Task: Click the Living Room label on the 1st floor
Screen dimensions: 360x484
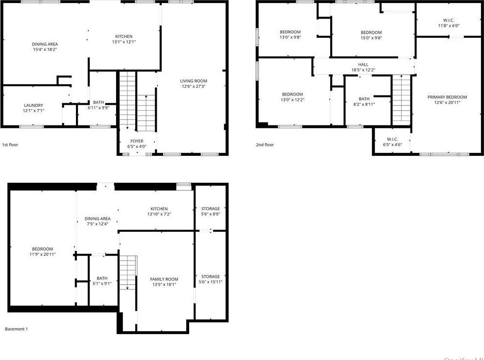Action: coord(194,81)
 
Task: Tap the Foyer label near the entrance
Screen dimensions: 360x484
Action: coord(137,141)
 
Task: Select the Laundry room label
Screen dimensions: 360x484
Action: coord(33,105)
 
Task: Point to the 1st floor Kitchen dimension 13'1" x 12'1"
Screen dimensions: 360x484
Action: coord(123,42)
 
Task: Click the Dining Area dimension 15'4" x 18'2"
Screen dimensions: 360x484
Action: coord(45,49)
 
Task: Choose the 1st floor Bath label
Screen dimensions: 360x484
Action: coord(98,102)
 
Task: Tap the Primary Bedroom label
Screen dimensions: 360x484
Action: coord(447,97)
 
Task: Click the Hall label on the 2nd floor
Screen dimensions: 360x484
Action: coord(363,65)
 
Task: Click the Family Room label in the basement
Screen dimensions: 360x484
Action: coord(164,279)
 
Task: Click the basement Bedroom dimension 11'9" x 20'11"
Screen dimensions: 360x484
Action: coord(43,255)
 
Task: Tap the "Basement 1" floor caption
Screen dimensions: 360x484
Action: coord(16,329)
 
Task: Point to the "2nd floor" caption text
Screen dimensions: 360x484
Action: coord(265,145)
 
